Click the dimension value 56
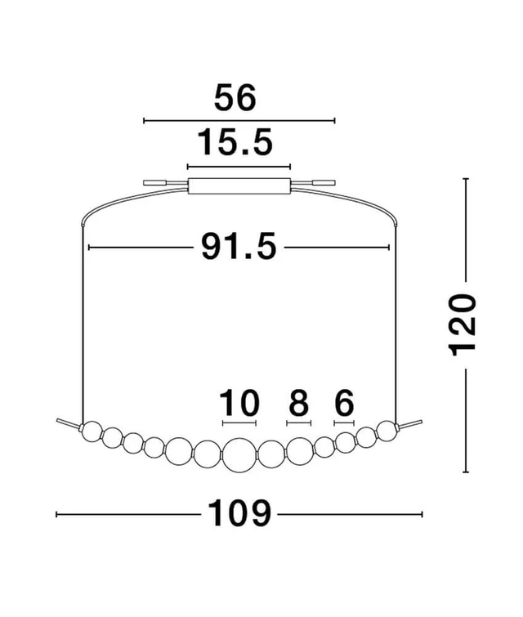click(235, 98)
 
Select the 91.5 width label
click(239, 246)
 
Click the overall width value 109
click(238, 513)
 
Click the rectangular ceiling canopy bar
click(239, 186)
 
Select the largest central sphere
click(239, 454)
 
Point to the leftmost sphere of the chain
click(92, 430)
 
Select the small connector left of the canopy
click(155, 184)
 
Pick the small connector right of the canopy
click(322, 185)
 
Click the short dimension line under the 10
click(239, 423)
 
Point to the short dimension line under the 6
click(343, 423)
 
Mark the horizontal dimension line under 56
click(239, 121)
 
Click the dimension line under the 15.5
click(239, 166)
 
